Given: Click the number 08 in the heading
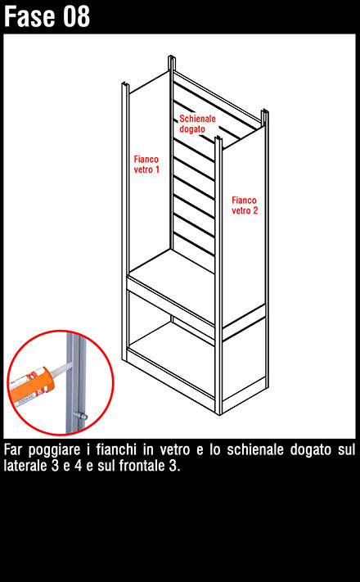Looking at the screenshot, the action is [76, 16].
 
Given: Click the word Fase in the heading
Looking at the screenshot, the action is [31, 16].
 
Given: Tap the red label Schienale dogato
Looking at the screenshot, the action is [197, 124].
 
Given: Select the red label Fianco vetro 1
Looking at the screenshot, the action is [146, 165].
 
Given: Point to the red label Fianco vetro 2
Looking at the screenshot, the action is [245, 205].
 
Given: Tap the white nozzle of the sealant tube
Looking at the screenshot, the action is [60, 368].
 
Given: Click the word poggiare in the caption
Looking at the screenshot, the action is [55, 450].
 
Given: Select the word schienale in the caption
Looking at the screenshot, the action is [255, 449].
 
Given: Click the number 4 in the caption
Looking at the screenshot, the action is [78, 466].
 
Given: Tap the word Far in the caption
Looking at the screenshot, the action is [12, 450].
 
